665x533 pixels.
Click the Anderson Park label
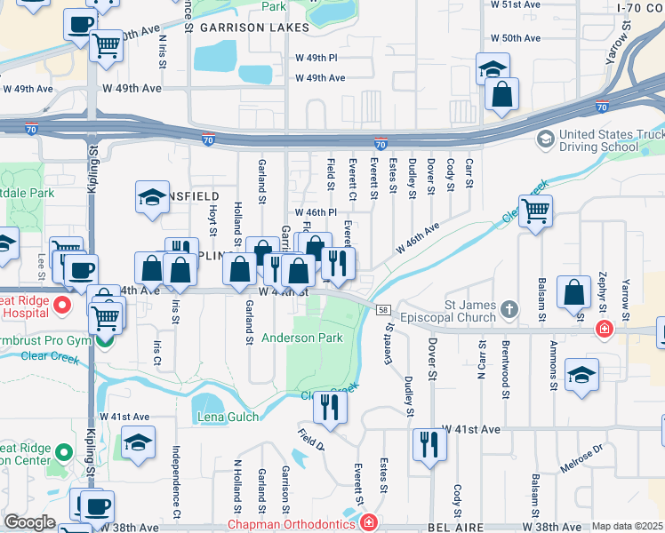302,338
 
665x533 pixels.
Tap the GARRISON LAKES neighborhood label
253,28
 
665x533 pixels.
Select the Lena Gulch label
228,417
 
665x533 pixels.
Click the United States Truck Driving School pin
543,139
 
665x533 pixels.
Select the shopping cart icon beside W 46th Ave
535,211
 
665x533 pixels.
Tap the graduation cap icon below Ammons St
581,374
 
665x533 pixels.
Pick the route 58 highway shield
383,308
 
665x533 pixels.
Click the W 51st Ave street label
516,4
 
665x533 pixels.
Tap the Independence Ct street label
176,482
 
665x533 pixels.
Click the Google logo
29,522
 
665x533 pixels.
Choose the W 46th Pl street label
316,213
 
